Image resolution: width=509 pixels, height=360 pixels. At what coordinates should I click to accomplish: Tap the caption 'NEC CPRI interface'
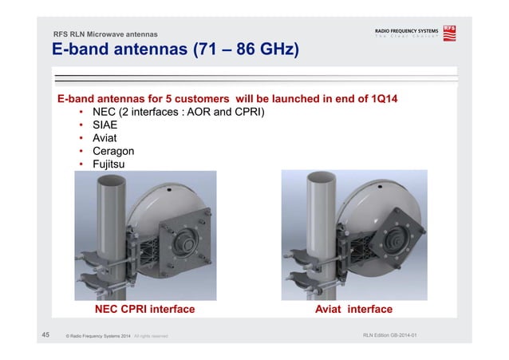(145, 309)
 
